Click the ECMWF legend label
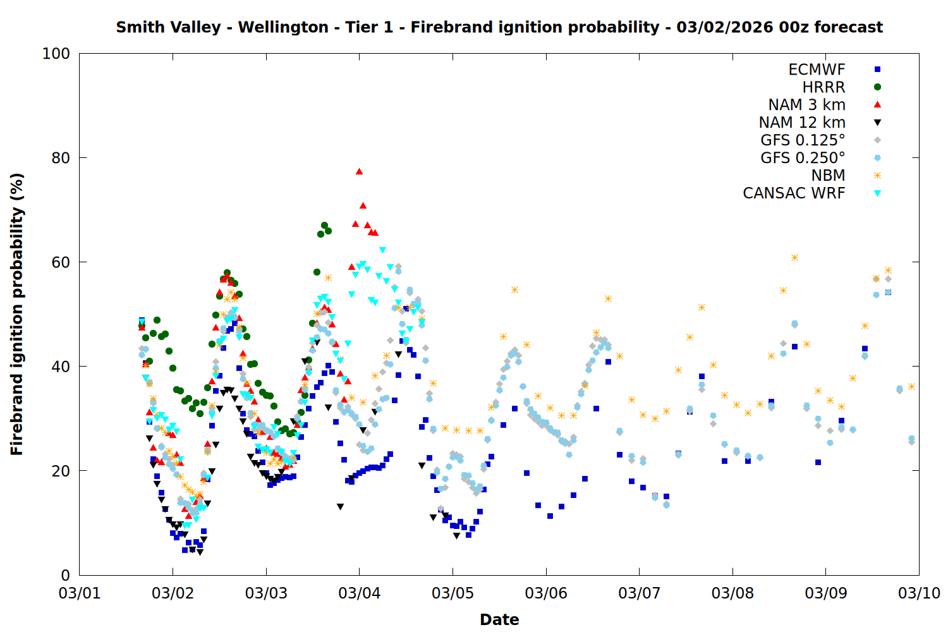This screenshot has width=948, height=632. tap(817, 70)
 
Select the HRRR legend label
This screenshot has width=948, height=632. tap(823, 87)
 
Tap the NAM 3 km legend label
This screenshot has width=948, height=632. tap(806, 105)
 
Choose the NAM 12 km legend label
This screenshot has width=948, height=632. tap(802, 123)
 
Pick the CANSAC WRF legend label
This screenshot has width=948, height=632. tap(794, 193)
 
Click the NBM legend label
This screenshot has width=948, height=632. tap(828, 176)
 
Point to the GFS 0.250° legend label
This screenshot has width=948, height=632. tap(803, 158)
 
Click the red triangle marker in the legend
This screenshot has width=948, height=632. tap(877, 105)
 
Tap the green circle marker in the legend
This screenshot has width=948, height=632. tap(877, 87)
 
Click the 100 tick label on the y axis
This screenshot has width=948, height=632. tap(56, 54)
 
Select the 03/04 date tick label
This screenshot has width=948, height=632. tap(360, 593)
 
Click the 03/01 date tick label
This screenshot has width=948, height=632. tap(80, 593)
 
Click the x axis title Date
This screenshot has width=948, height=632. tap(499, 619)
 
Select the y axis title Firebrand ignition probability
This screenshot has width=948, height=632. tap(16, 314)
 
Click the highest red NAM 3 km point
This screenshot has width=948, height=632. tap(359, 171)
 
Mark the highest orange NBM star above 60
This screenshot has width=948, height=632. tap(794, 257)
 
